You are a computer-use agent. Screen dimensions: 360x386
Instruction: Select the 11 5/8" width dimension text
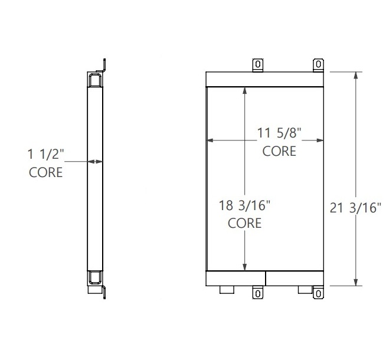pyautogui.click(x=279, y=134)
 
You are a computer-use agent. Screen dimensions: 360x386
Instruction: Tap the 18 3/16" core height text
pyautogui.click(x=244, y=207)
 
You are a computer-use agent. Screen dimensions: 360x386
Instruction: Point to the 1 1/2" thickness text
pyautogui.click(x=45, y=155)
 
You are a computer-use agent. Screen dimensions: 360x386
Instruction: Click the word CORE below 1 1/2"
pyautogui.click(x=45, y=173)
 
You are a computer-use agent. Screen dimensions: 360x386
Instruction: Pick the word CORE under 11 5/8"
pyautogui.click(x=279, y=151)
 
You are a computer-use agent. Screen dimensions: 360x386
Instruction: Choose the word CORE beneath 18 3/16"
pyautogui.click(x=244, y=224)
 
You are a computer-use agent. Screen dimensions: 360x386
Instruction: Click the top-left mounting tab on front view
pyautogui.click(x=257, y=64)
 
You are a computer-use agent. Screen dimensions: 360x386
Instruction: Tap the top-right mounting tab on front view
pyautogui.click(x=318, y=64)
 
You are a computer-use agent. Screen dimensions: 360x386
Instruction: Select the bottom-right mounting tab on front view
pyautogui.click(x=318, y=293)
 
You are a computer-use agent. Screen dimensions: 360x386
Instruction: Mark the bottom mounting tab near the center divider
pyautogui.click(x=258, y=293)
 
